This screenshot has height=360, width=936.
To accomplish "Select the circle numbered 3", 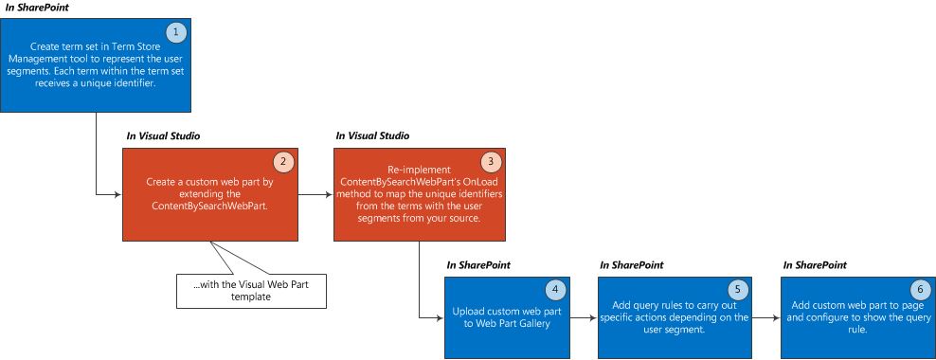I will pyautogui.click(x=489, y=162).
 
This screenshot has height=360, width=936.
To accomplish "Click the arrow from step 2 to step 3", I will pyautogui.click(x=315, y=195).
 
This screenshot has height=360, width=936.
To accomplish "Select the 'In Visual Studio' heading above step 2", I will pyautogui.click(x=163, y=136).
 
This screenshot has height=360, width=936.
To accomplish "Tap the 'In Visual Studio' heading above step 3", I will pyautogui.click(x=372, y=136).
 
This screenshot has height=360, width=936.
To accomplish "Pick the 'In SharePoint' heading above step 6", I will pyautogui.click(x=815, y=265).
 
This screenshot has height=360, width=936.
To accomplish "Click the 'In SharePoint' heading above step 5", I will pyautogui.click(x=632, y=265).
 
